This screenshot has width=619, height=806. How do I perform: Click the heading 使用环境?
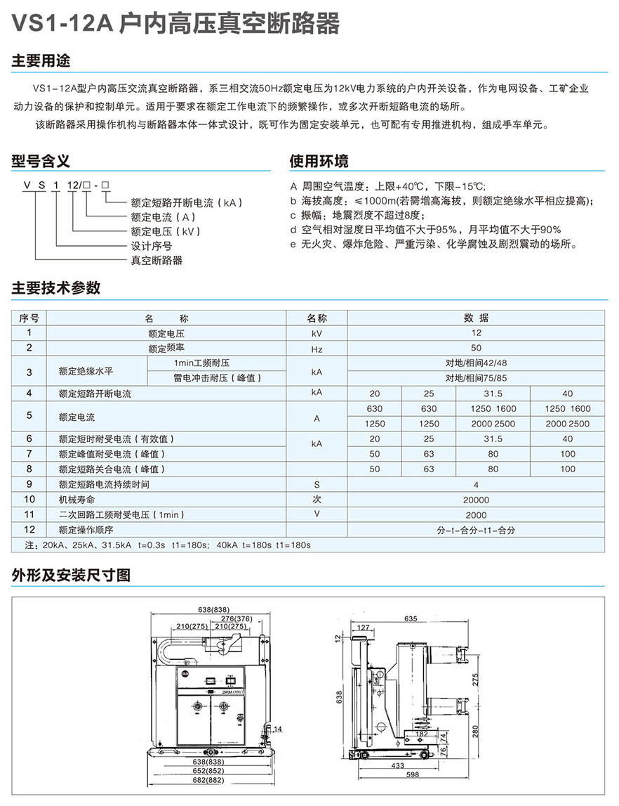coord(319,162)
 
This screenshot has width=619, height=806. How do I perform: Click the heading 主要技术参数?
coord(56,287)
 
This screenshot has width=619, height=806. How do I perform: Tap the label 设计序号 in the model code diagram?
coord(152,246)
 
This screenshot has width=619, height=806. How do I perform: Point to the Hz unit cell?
coord(317,348)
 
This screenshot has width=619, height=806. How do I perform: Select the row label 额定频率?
coord(166,348)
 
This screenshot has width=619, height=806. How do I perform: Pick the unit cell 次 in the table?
coord(317,500)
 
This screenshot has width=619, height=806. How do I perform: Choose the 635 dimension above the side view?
coord(411,619)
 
